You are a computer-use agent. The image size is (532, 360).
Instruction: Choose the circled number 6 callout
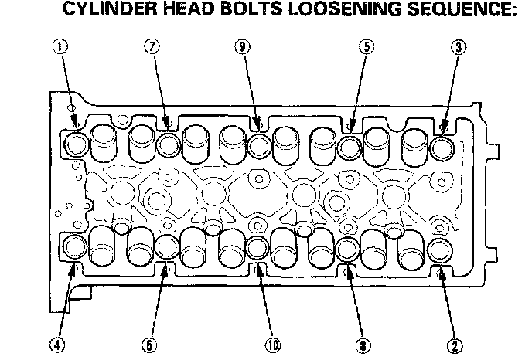tap(149, 343)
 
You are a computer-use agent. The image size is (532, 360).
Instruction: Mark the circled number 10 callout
tap(271, 343)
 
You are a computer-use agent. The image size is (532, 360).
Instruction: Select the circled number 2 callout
tap(455, 343)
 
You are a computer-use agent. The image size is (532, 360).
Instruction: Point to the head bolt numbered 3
tap(442, 145)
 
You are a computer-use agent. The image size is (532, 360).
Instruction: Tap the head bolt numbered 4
tap(76, 247)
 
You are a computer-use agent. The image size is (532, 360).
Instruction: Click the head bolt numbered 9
tap(258, 144)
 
